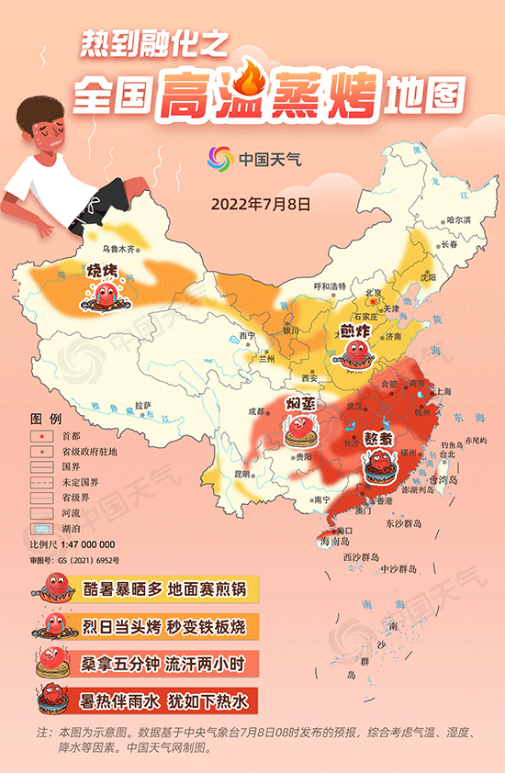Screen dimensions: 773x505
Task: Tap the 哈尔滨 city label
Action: pos(457,220)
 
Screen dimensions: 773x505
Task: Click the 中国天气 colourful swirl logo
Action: pos(219,160)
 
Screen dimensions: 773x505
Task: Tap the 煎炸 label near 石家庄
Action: pos(352,330)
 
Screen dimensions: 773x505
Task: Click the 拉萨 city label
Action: pos(142,404)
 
